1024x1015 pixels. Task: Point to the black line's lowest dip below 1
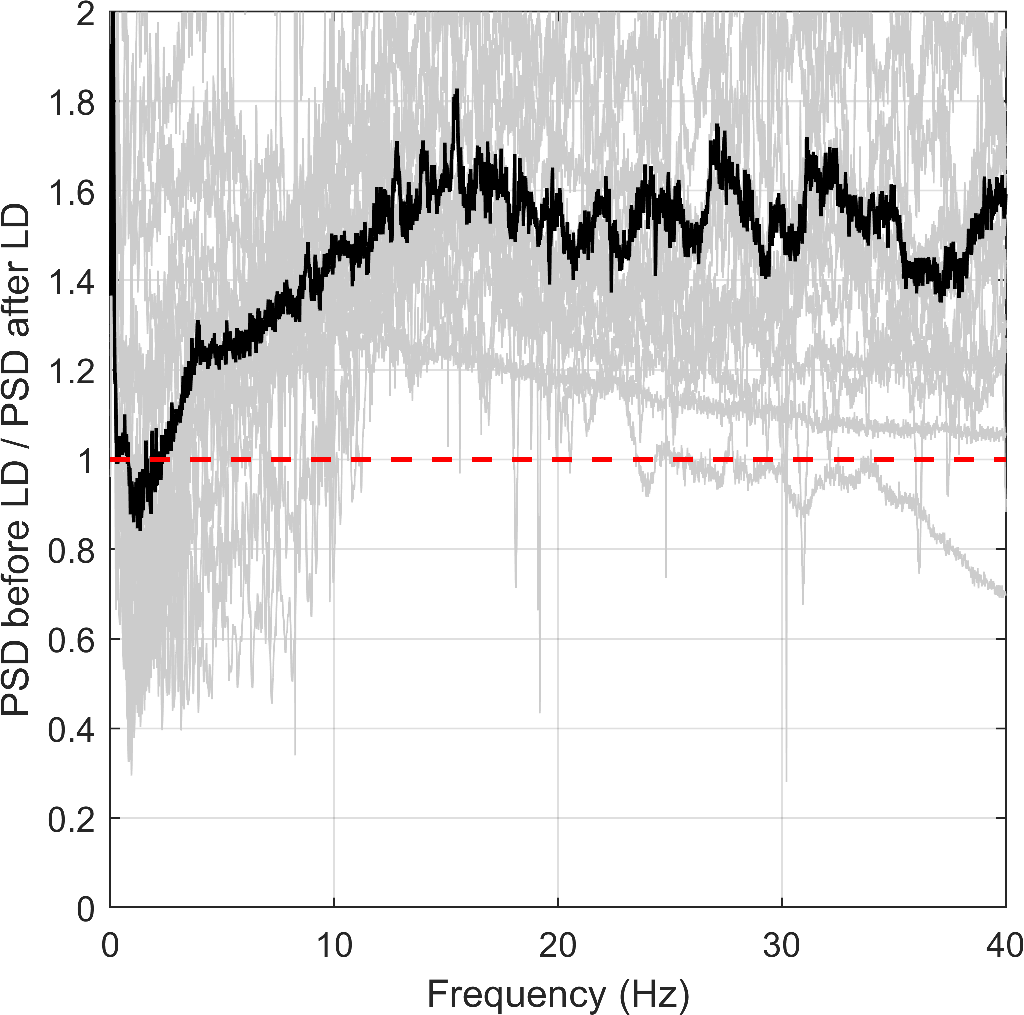(139, 528)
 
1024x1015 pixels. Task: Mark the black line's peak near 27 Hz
(717, 126)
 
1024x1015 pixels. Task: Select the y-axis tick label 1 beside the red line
(86, 461)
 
